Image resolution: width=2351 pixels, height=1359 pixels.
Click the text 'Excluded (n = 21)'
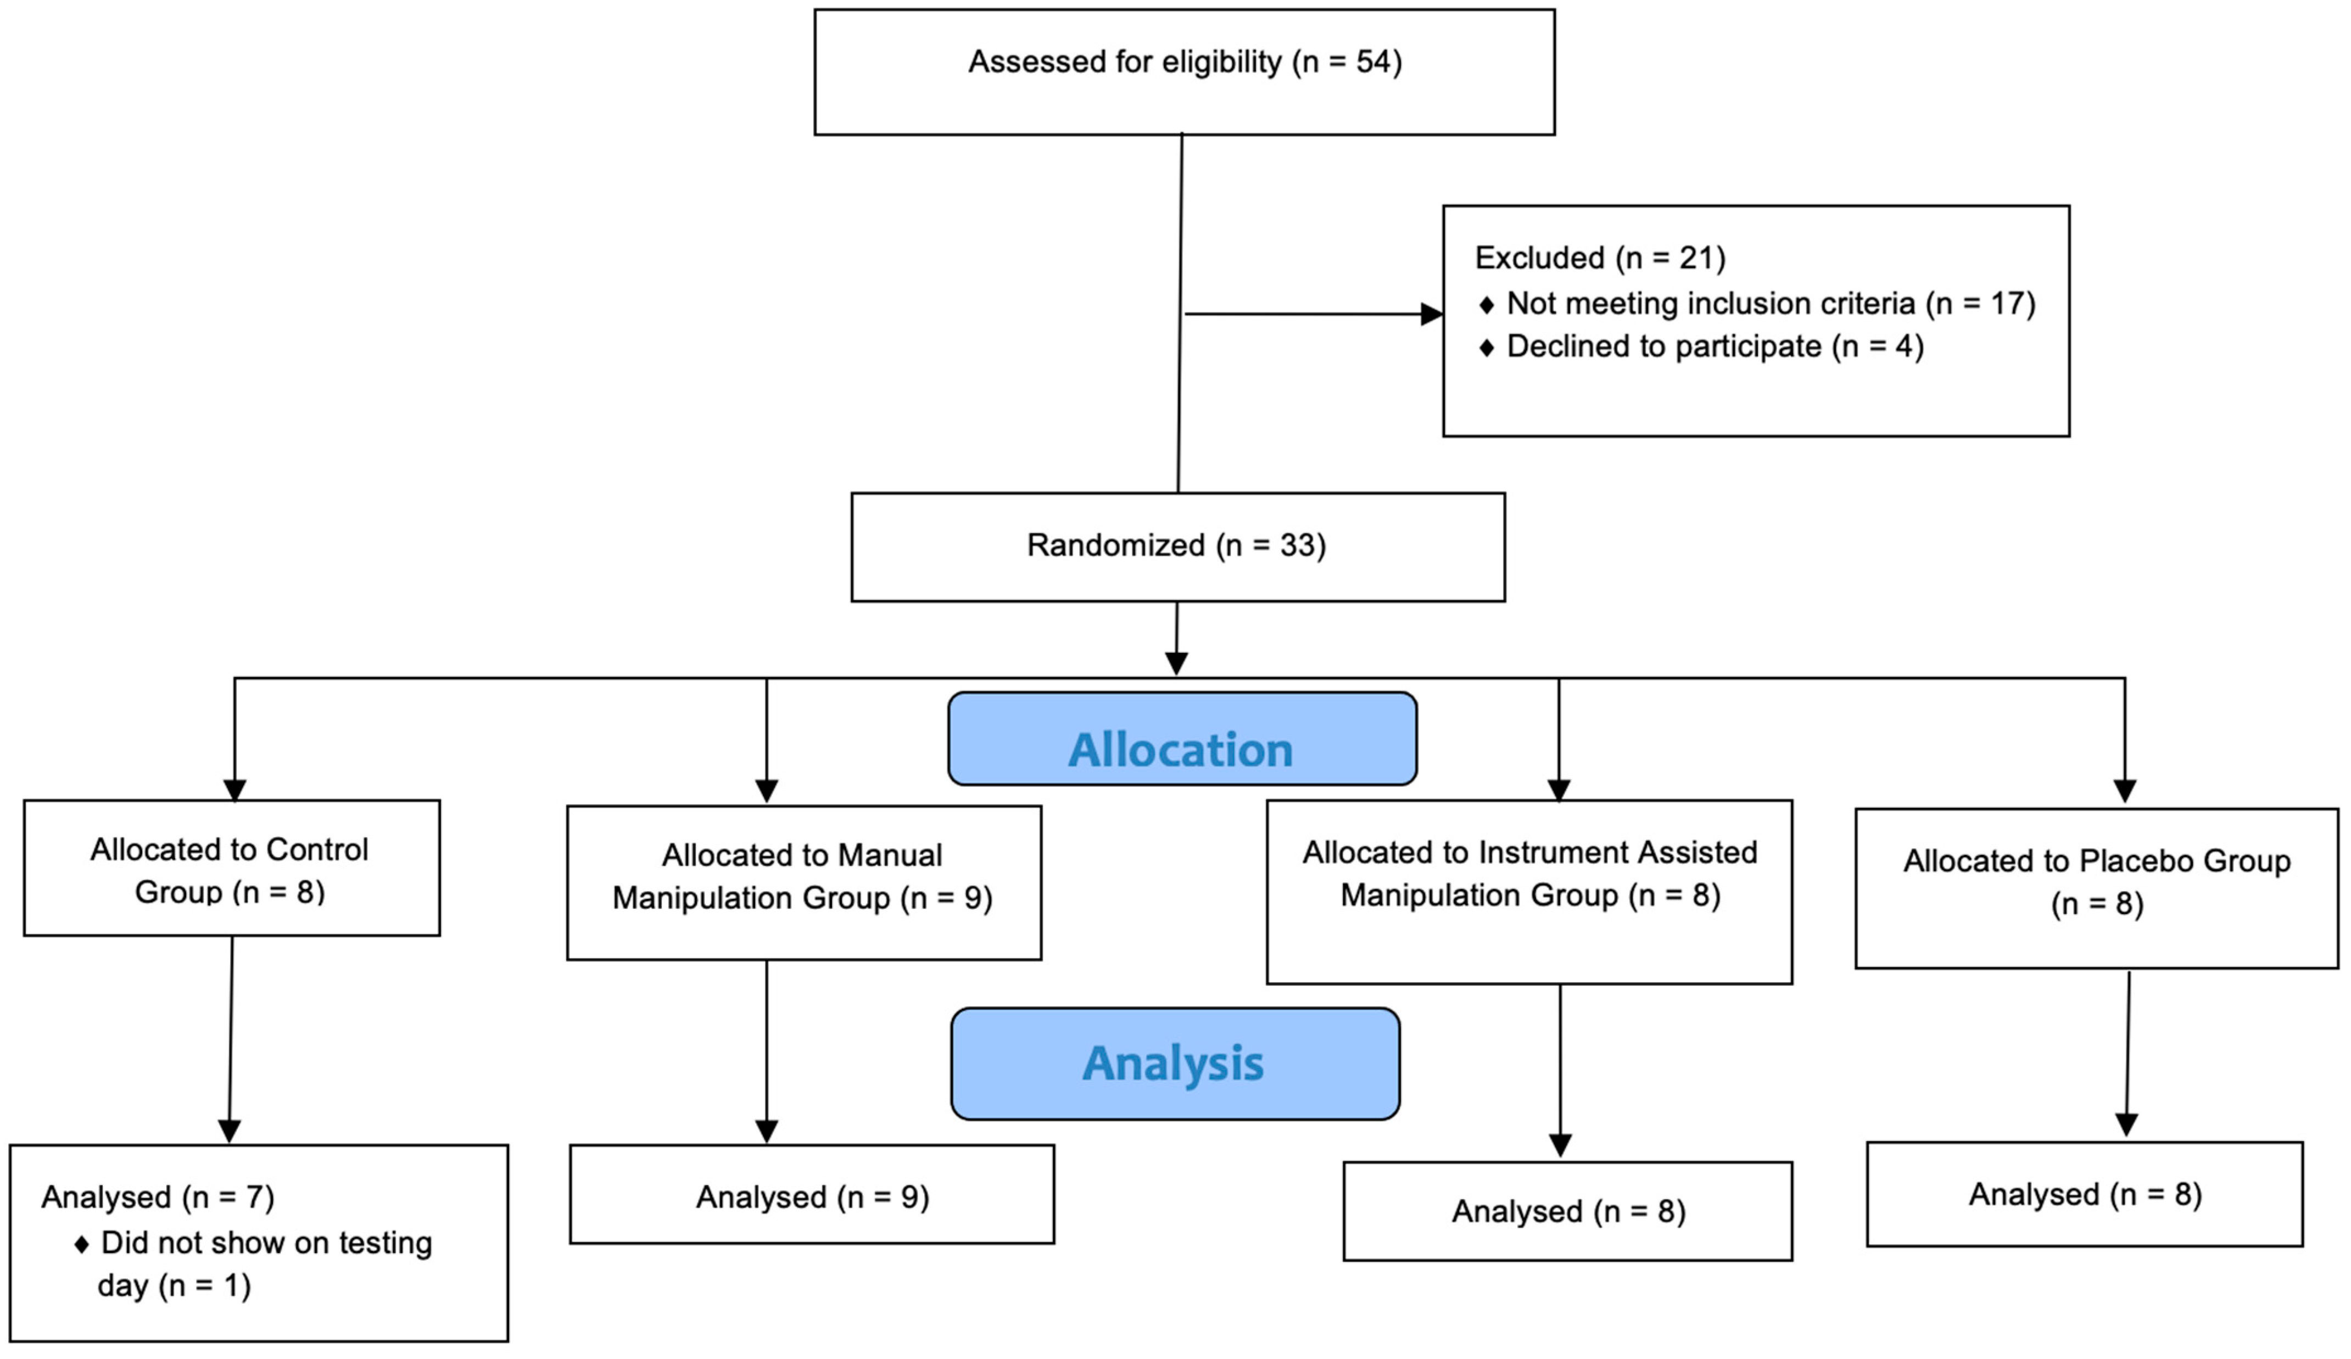[x=1599, y=258]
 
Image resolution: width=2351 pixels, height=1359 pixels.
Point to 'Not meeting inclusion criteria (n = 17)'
[x=1770, y=303]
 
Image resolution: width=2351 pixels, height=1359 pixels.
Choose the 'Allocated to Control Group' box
[x=231, y=868]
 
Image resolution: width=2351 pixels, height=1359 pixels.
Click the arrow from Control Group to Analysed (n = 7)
[x=231, y=1036]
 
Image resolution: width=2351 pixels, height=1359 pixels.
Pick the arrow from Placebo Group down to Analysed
[x=2127, y=1054]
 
